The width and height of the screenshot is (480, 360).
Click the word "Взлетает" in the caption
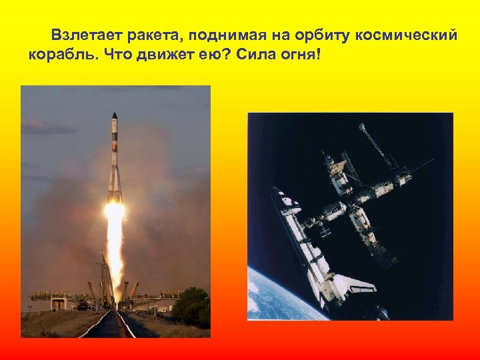[x=85, y=35]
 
